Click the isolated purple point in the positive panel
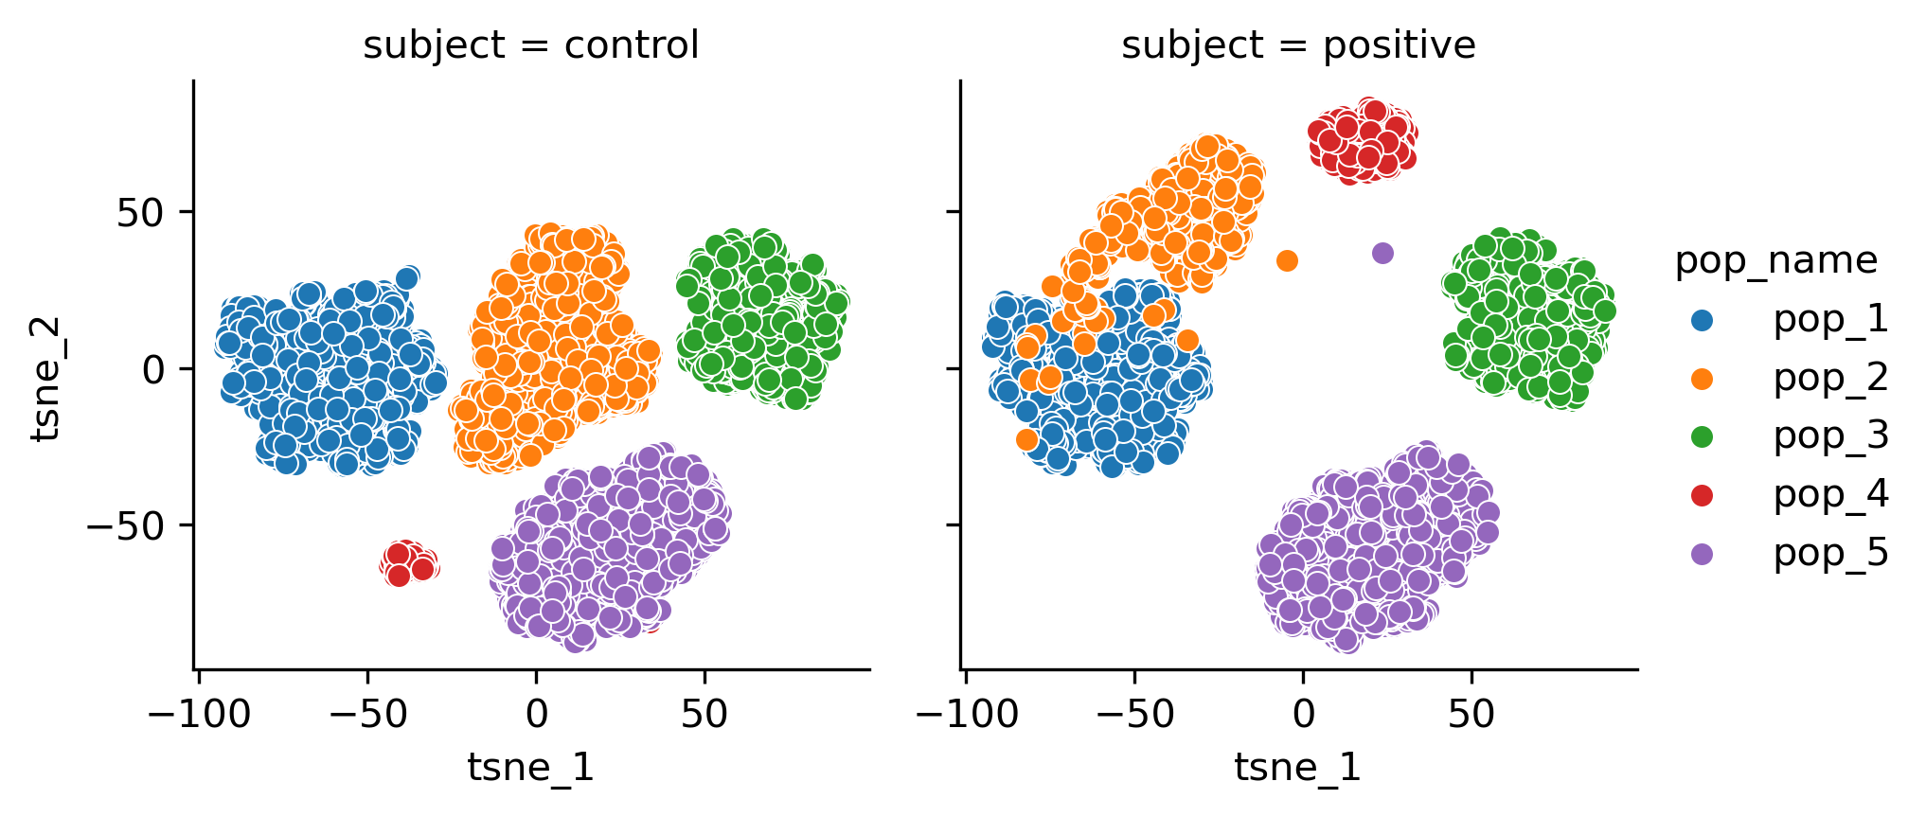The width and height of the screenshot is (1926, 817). [x=1382, y=253]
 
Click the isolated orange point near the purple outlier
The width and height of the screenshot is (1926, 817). [x=1287, y=260]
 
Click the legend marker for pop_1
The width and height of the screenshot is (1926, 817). [x=1702, y=321]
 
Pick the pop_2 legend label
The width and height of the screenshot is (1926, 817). [x=1829, y=378]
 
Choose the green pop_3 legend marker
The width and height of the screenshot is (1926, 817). [x=1702, y=436]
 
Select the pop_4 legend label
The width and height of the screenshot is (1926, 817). [x=1829, y=494]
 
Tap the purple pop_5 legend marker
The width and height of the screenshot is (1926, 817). [x=1702, y=554]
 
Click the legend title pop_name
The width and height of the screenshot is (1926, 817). [x=1775, y=260]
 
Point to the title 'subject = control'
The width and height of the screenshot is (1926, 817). [x=530, y=44]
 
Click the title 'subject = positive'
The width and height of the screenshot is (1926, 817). [x=1298, y=44]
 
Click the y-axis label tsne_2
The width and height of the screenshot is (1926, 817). [x=45, y=379]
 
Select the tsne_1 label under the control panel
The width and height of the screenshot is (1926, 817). [x=530, y=767]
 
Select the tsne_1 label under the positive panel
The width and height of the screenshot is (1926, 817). [x=1297, y=767]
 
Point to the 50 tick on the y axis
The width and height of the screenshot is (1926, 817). [x=141, y=213]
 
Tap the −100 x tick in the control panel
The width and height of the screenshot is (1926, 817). [x=200, y=714]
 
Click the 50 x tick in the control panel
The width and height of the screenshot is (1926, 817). [x=704, y=714]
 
